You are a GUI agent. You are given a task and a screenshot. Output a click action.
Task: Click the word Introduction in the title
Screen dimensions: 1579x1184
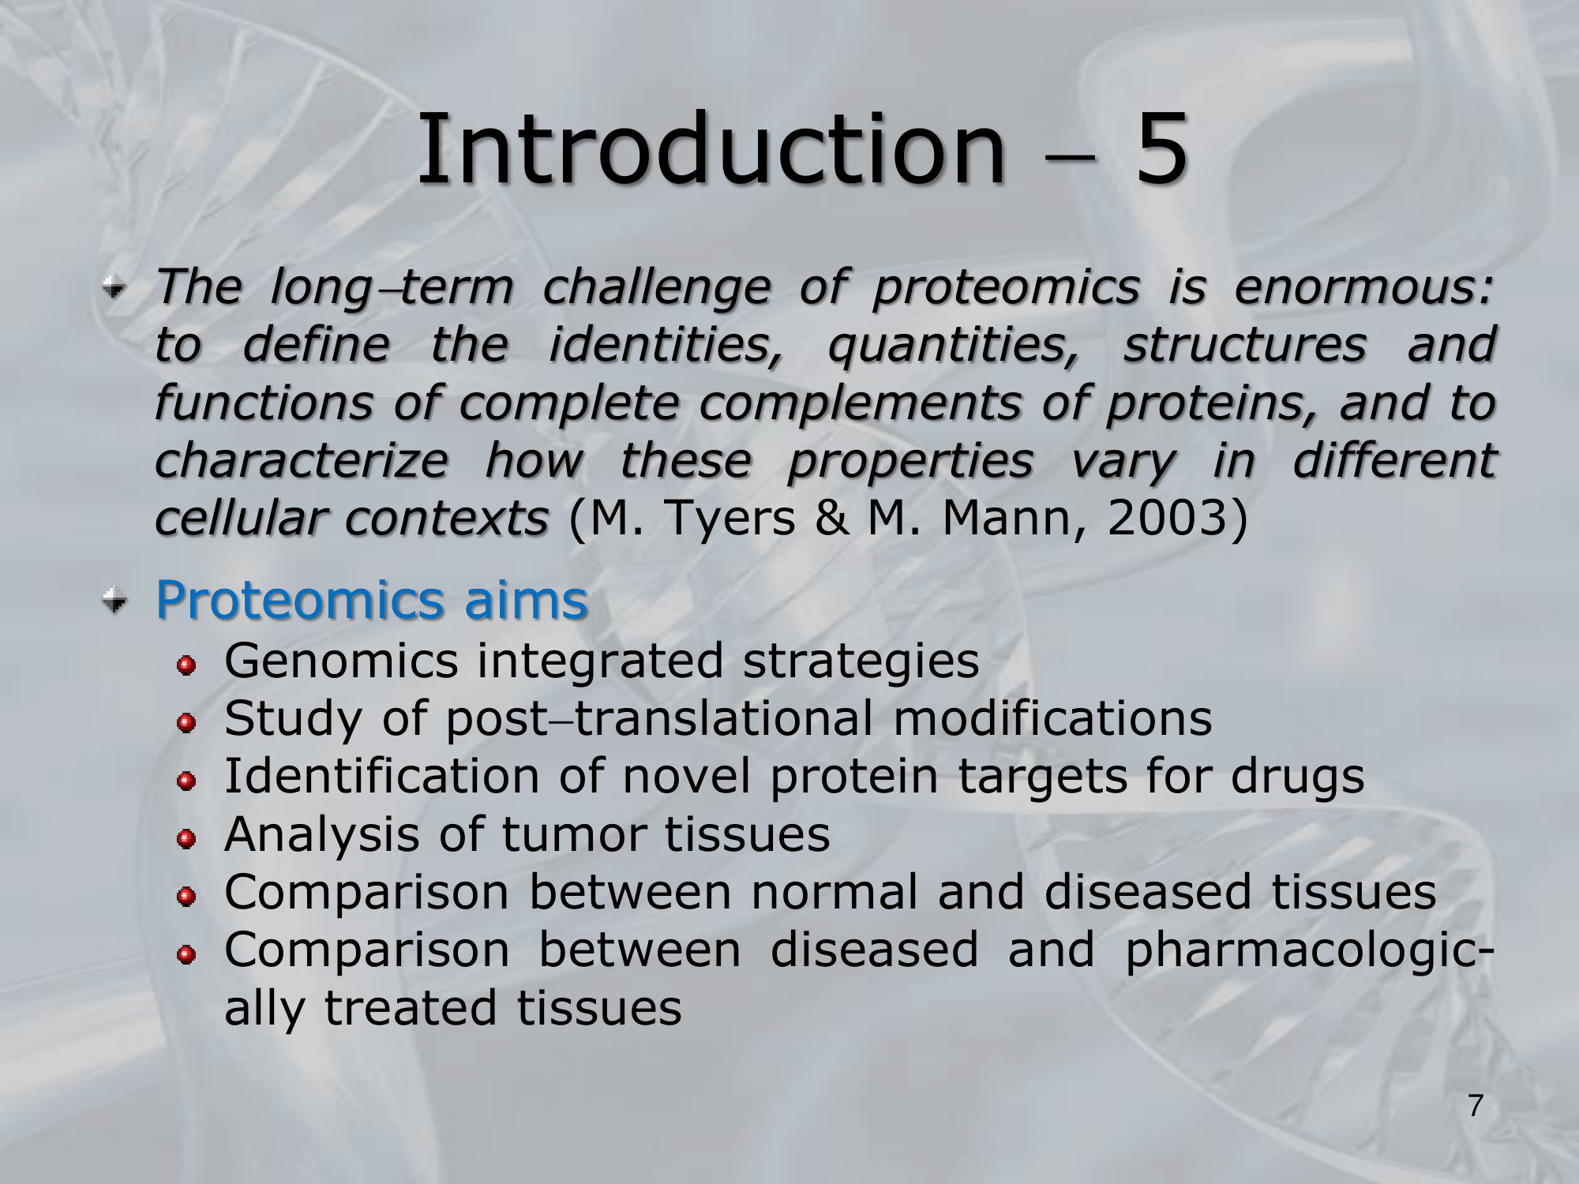point(711,148)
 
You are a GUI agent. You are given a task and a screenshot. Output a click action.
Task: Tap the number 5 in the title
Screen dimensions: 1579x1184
point(1161,148)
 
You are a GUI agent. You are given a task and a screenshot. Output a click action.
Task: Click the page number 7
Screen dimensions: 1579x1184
point(1475,1106)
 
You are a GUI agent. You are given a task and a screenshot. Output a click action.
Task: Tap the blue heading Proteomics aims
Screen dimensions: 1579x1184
point(372,600)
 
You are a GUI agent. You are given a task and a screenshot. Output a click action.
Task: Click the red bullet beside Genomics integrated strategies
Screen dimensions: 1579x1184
point(186,667)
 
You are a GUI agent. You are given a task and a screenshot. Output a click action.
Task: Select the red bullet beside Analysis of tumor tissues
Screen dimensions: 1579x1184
point(186,841)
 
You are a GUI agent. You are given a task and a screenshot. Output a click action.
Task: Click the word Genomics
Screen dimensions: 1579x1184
point(341,661)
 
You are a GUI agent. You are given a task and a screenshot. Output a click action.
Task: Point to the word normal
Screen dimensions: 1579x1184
point(835,892)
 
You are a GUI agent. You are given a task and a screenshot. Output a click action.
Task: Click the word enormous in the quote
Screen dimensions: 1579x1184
point(1363,287)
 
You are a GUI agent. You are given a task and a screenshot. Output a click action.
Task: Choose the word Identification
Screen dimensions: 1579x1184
point(383,776)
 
